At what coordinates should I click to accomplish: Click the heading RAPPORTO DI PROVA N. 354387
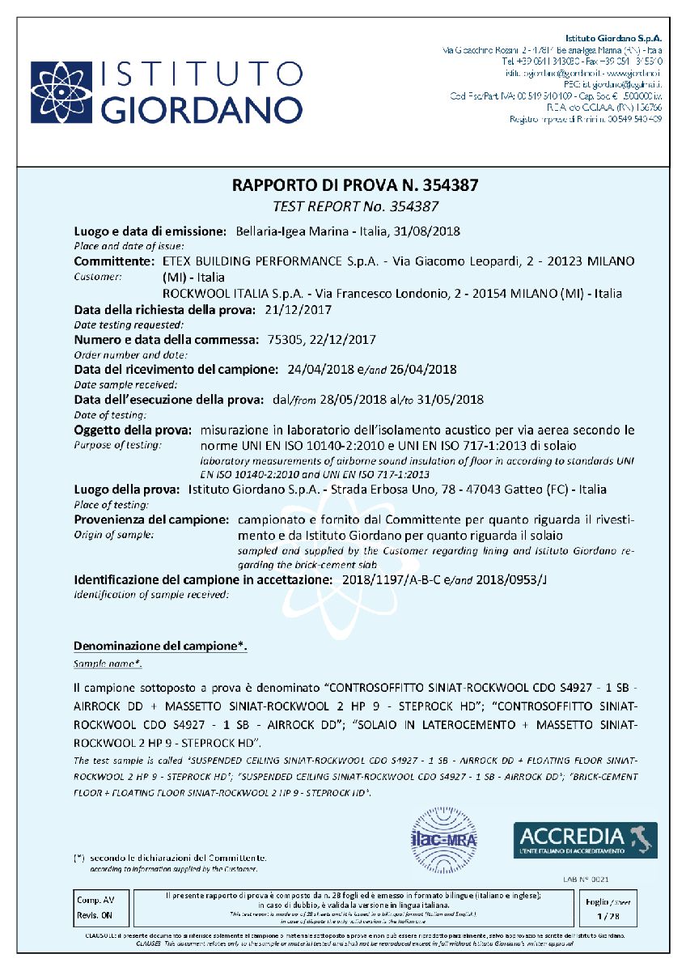(356, 185)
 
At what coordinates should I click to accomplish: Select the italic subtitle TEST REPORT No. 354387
(356, 206)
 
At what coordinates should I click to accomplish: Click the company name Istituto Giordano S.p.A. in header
(613, 38)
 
